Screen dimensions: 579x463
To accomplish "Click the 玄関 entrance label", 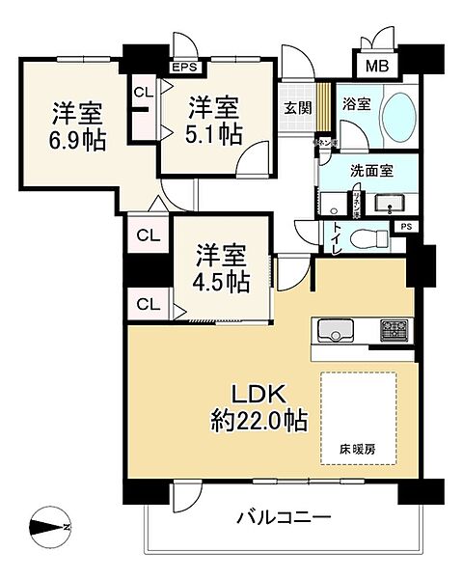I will (x=297, y=108).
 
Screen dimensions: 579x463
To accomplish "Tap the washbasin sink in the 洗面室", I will (x=390, y=204).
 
